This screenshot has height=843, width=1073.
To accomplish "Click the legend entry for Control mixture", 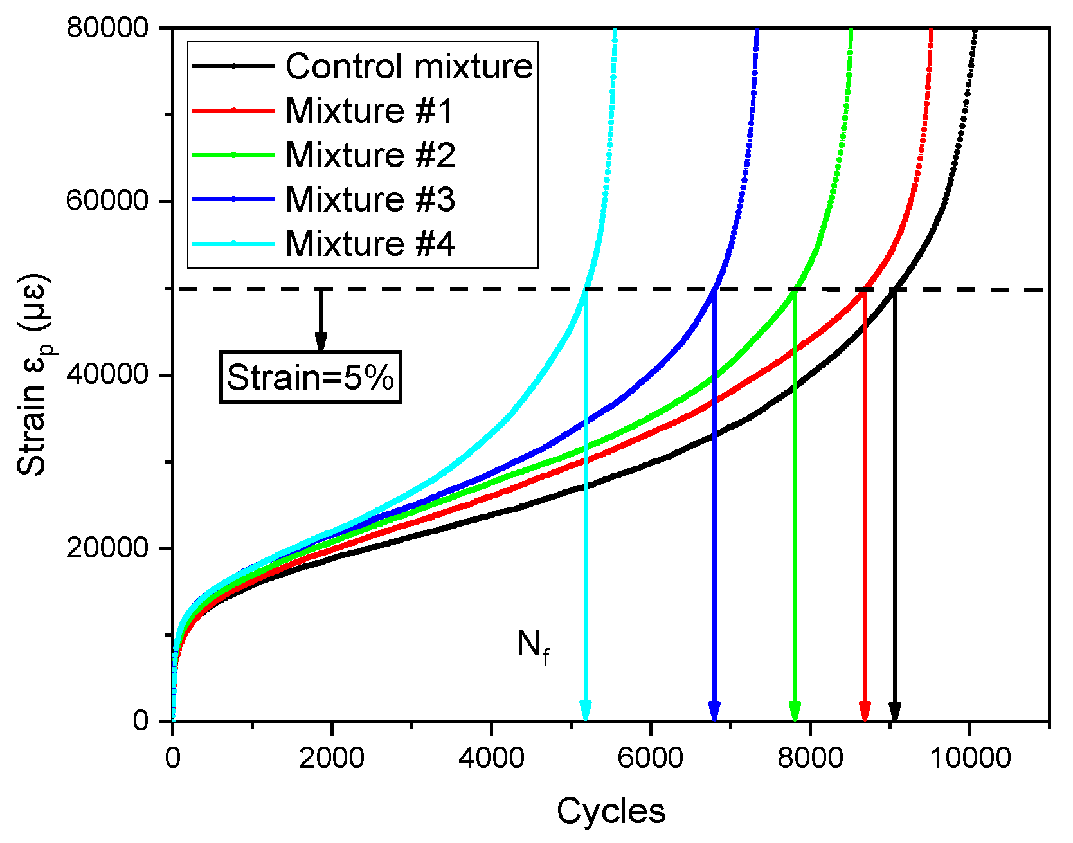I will (409, 66).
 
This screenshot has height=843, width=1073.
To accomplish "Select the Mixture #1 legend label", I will (369, 111).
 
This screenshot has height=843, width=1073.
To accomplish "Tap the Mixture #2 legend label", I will (370, 155).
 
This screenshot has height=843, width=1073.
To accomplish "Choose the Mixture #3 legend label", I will (370, 199).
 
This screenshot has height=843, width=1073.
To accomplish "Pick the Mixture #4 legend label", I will (370, 244).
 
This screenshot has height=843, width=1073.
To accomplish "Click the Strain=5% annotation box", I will (311, 377).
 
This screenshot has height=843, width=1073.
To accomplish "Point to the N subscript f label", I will (533, 645).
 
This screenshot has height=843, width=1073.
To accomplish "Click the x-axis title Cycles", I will (611, 811).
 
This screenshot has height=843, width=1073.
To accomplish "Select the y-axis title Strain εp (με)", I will (33, 376).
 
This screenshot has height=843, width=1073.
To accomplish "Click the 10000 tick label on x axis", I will (969, 757).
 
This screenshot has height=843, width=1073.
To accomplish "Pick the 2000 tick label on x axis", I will (332, 757).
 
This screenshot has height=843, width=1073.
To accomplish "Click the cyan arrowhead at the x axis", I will (585, 712).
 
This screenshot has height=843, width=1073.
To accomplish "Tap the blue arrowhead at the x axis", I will (714, 712).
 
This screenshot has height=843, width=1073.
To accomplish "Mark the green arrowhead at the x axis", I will (795, 712).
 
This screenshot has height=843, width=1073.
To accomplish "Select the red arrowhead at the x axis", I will (865, 712).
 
